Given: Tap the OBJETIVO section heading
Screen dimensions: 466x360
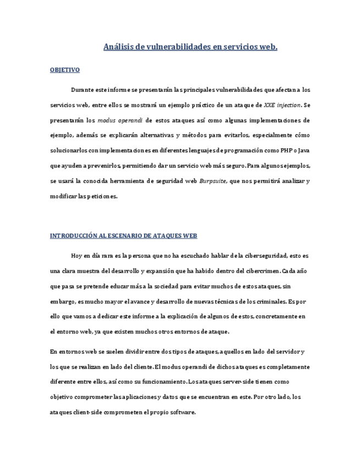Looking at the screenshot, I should (65, 70).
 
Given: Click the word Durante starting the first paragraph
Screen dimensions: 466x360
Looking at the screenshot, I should (82, 89).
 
